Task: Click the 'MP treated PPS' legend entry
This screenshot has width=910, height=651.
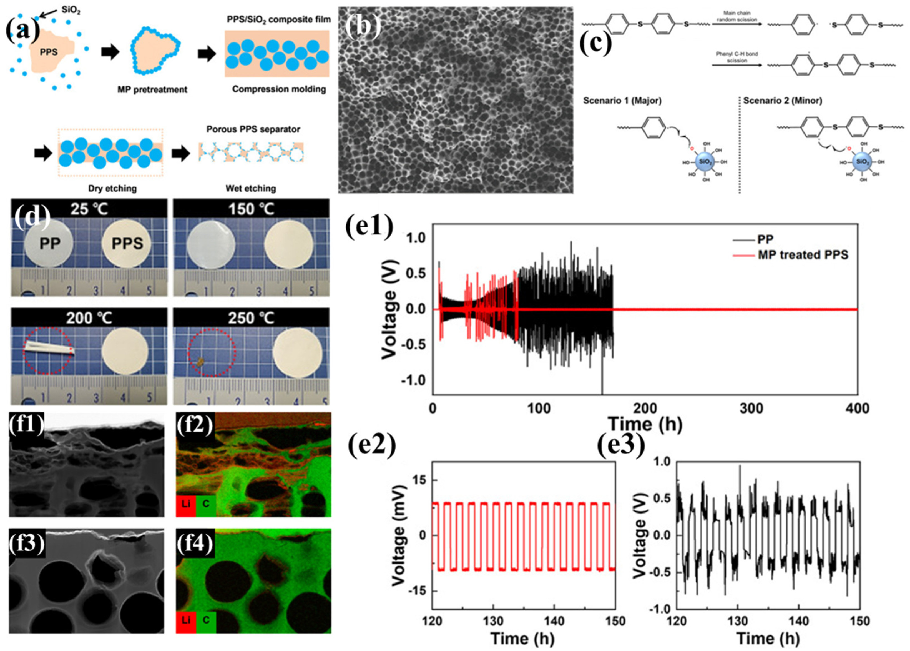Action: (803, 255)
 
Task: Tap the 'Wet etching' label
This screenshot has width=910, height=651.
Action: (251, 188)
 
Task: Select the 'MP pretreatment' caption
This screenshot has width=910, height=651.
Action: (152, 89)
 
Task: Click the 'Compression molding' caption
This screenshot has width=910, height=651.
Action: (279, 89)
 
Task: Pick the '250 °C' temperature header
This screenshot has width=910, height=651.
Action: (251, 318)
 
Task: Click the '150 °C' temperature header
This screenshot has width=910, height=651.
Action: (251, 209)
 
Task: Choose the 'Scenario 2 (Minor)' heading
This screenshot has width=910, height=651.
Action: (783, 101)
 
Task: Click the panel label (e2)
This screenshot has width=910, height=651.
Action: (371, 446)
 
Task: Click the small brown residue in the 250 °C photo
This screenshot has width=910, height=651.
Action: (200, 362)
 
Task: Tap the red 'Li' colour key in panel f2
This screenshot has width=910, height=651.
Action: (185, 504)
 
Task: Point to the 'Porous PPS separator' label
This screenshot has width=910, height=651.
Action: (253, 129)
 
